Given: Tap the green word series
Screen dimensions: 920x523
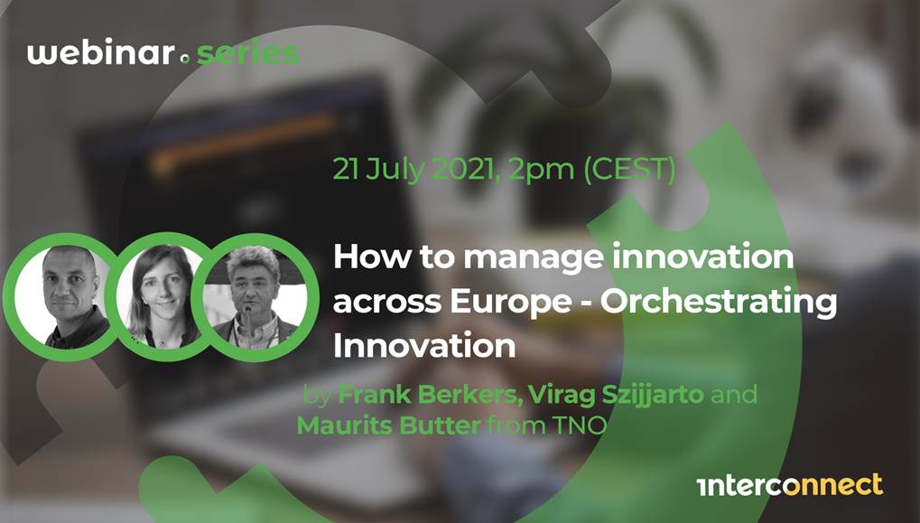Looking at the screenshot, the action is [x=248, y=53].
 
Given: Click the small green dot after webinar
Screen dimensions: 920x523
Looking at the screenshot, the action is [x=186, y=60].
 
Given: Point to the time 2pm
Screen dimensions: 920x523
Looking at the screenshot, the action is [x=541, y=170].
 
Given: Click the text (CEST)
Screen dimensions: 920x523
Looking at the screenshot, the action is [x=629, y=170].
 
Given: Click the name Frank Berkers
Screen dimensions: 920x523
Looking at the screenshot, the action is [x=431, y=395].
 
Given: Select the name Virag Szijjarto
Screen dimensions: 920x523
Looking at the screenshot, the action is [x=617, y=395].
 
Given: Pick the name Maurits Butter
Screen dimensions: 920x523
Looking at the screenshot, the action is [x=389, y=425].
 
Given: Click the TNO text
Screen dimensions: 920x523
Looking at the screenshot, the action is [x=579, y=425].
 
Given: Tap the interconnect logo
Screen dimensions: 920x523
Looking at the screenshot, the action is [x=790, y=485].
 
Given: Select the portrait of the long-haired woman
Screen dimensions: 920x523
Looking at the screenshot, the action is [x=160, y=296].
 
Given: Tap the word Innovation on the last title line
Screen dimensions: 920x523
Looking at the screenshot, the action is [x=424, y=346].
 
